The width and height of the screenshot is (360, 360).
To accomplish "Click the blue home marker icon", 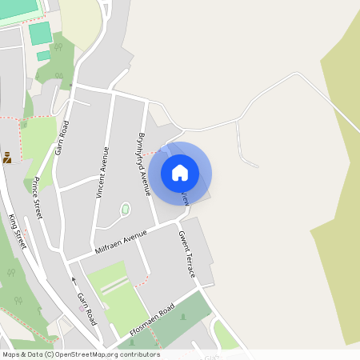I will click(x=180, y=172).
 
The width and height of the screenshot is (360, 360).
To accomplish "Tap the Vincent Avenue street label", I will click(x=101, y=171).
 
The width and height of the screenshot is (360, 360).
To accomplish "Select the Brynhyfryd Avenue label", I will click(x=144, y=164).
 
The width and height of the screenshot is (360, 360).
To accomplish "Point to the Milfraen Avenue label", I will click(x=122, y=241).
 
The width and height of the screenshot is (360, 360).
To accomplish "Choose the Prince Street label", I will click(x=37, y=199).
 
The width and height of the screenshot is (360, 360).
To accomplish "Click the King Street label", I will click(x=17, y=232).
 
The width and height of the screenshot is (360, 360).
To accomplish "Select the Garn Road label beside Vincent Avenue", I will click(x=62, y=137).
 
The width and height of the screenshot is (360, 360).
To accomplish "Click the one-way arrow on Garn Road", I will click(x=74, y=280).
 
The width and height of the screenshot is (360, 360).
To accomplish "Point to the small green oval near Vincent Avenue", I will click(x=126, y=210).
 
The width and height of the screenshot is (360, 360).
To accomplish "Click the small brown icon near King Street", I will click(x=7, y=158).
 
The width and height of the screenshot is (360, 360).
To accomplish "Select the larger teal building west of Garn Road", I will click(x=40, y=34).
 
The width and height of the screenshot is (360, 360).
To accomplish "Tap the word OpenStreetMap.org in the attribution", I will click(x=85, y=354).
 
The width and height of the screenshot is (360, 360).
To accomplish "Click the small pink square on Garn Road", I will click(x=71, y=85).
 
